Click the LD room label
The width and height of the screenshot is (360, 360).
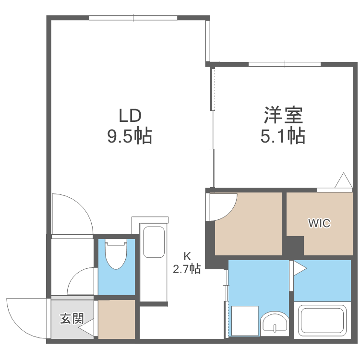[130, 116]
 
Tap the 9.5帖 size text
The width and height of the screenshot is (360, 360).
[130, 137]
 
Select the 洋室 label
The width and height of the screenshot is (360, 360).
[283, 116]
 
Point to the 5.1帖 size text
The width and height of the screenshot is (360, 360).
[283, 137]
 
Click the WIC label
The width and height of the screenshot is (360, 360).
[319, 223]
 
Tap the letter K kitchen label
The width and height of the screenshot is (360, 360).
[187, 255]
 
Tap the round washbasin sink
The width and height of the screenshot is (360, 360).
[275, 322]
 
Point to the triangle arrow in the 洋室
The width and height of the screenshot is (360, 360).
[344, 181]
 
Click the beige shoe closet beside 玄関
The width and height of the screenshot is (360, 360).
[117, 319]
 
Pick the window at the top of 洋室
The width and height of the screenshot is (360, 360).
[285, 64]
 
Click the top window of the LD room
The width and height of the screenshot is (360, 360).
[133, 18]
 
